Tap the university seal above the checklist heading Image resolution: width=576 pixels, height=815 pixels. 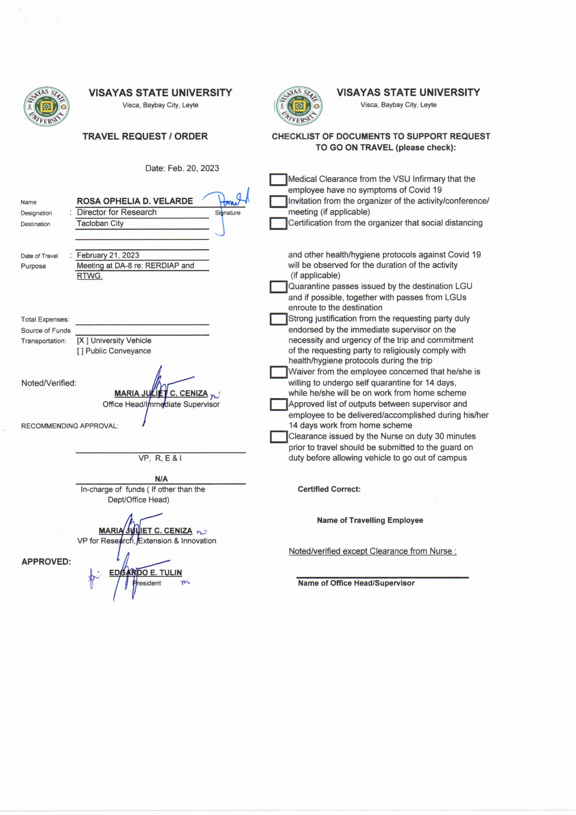pyautogui.click(x=298, y=106)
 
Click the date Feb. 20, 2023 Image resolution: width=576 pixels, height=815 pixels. pyautogui.click(x=182, y=168)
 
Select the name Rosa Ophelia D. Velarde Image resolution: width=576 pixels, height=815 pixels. pyautogui.click(x=135, y=201)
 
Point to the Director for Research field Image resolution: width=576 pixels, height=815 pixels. pyautogui.click(x=117, y=212)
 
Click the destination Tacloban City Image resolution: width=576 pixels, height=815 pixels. pyautogui.click(x=100, y=223)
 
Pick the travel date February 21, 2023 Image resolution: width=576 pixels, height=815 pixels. pyautogui.click(x=108, y=255)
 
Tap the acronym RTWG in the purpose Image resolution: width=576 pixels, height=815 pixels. pyautogui.click(x=89, y=276)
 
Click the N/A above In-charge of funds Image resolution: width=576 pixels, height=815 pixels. pyautogui.click(x=161, y=479)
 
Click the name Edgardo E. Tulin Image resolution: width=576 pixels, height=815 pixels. pyautogui.click(x=146, y=573)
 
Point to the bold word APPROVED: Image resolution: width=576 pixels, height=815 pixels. pyautogui.click(x=46, y=562)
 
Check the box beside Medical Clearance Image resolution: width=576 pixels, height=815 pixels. pyautogui.click(x=278, y=180)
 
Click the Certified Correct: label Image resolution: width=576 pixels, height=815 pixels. pyautogui.click(x=329, y=489)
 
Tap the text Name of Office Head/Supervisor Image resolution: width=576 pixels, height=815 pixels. pyautogui.click(x=356, y=583)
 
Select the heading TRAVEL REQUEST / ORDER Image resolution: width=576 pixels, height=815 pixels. pyautogui.click(x=145, y=136)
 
